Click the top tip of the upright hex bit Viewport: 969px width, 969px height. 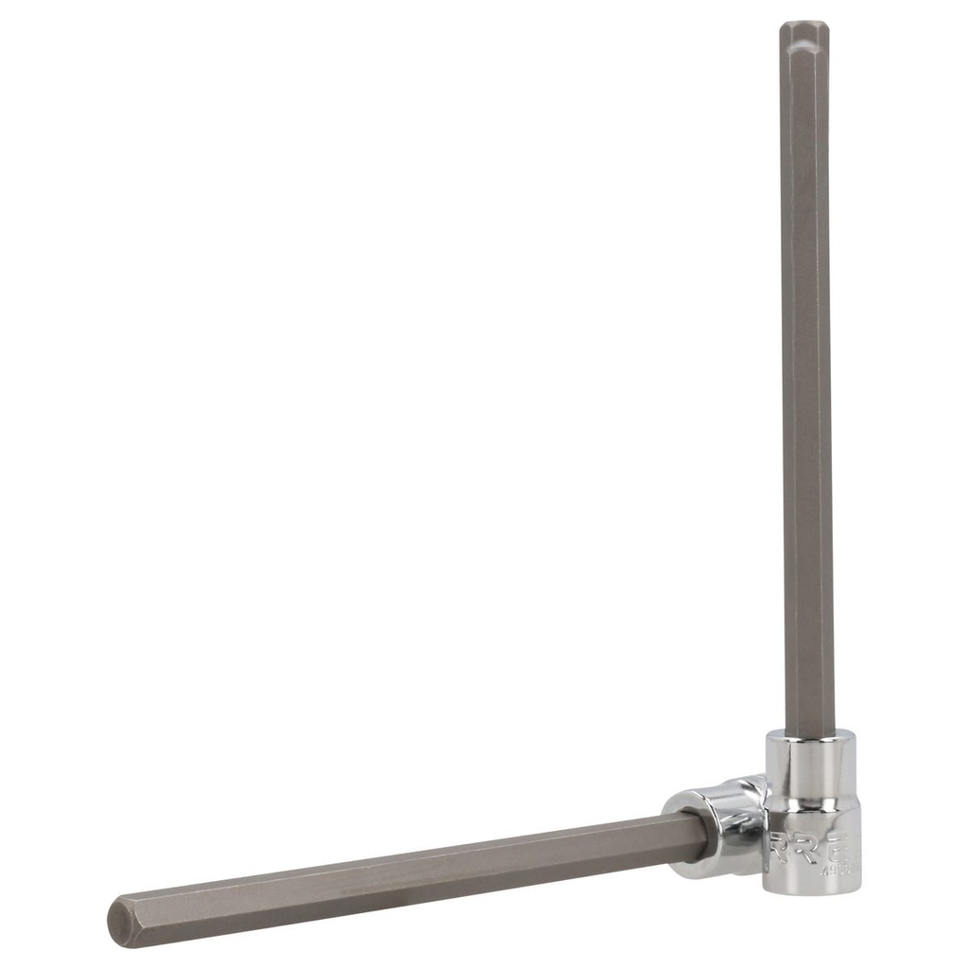pyautogui.click(x=804, y=24)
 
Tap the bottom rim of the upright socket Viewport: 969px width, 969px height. pyautogui.click(x=814, y=888)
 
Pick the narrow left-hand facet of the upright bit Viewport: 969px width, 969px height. pyautogui.click(x=785, y=379)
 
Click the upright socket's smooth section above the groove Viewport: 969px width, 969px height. pyautogui.click(x=813, y=771)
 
